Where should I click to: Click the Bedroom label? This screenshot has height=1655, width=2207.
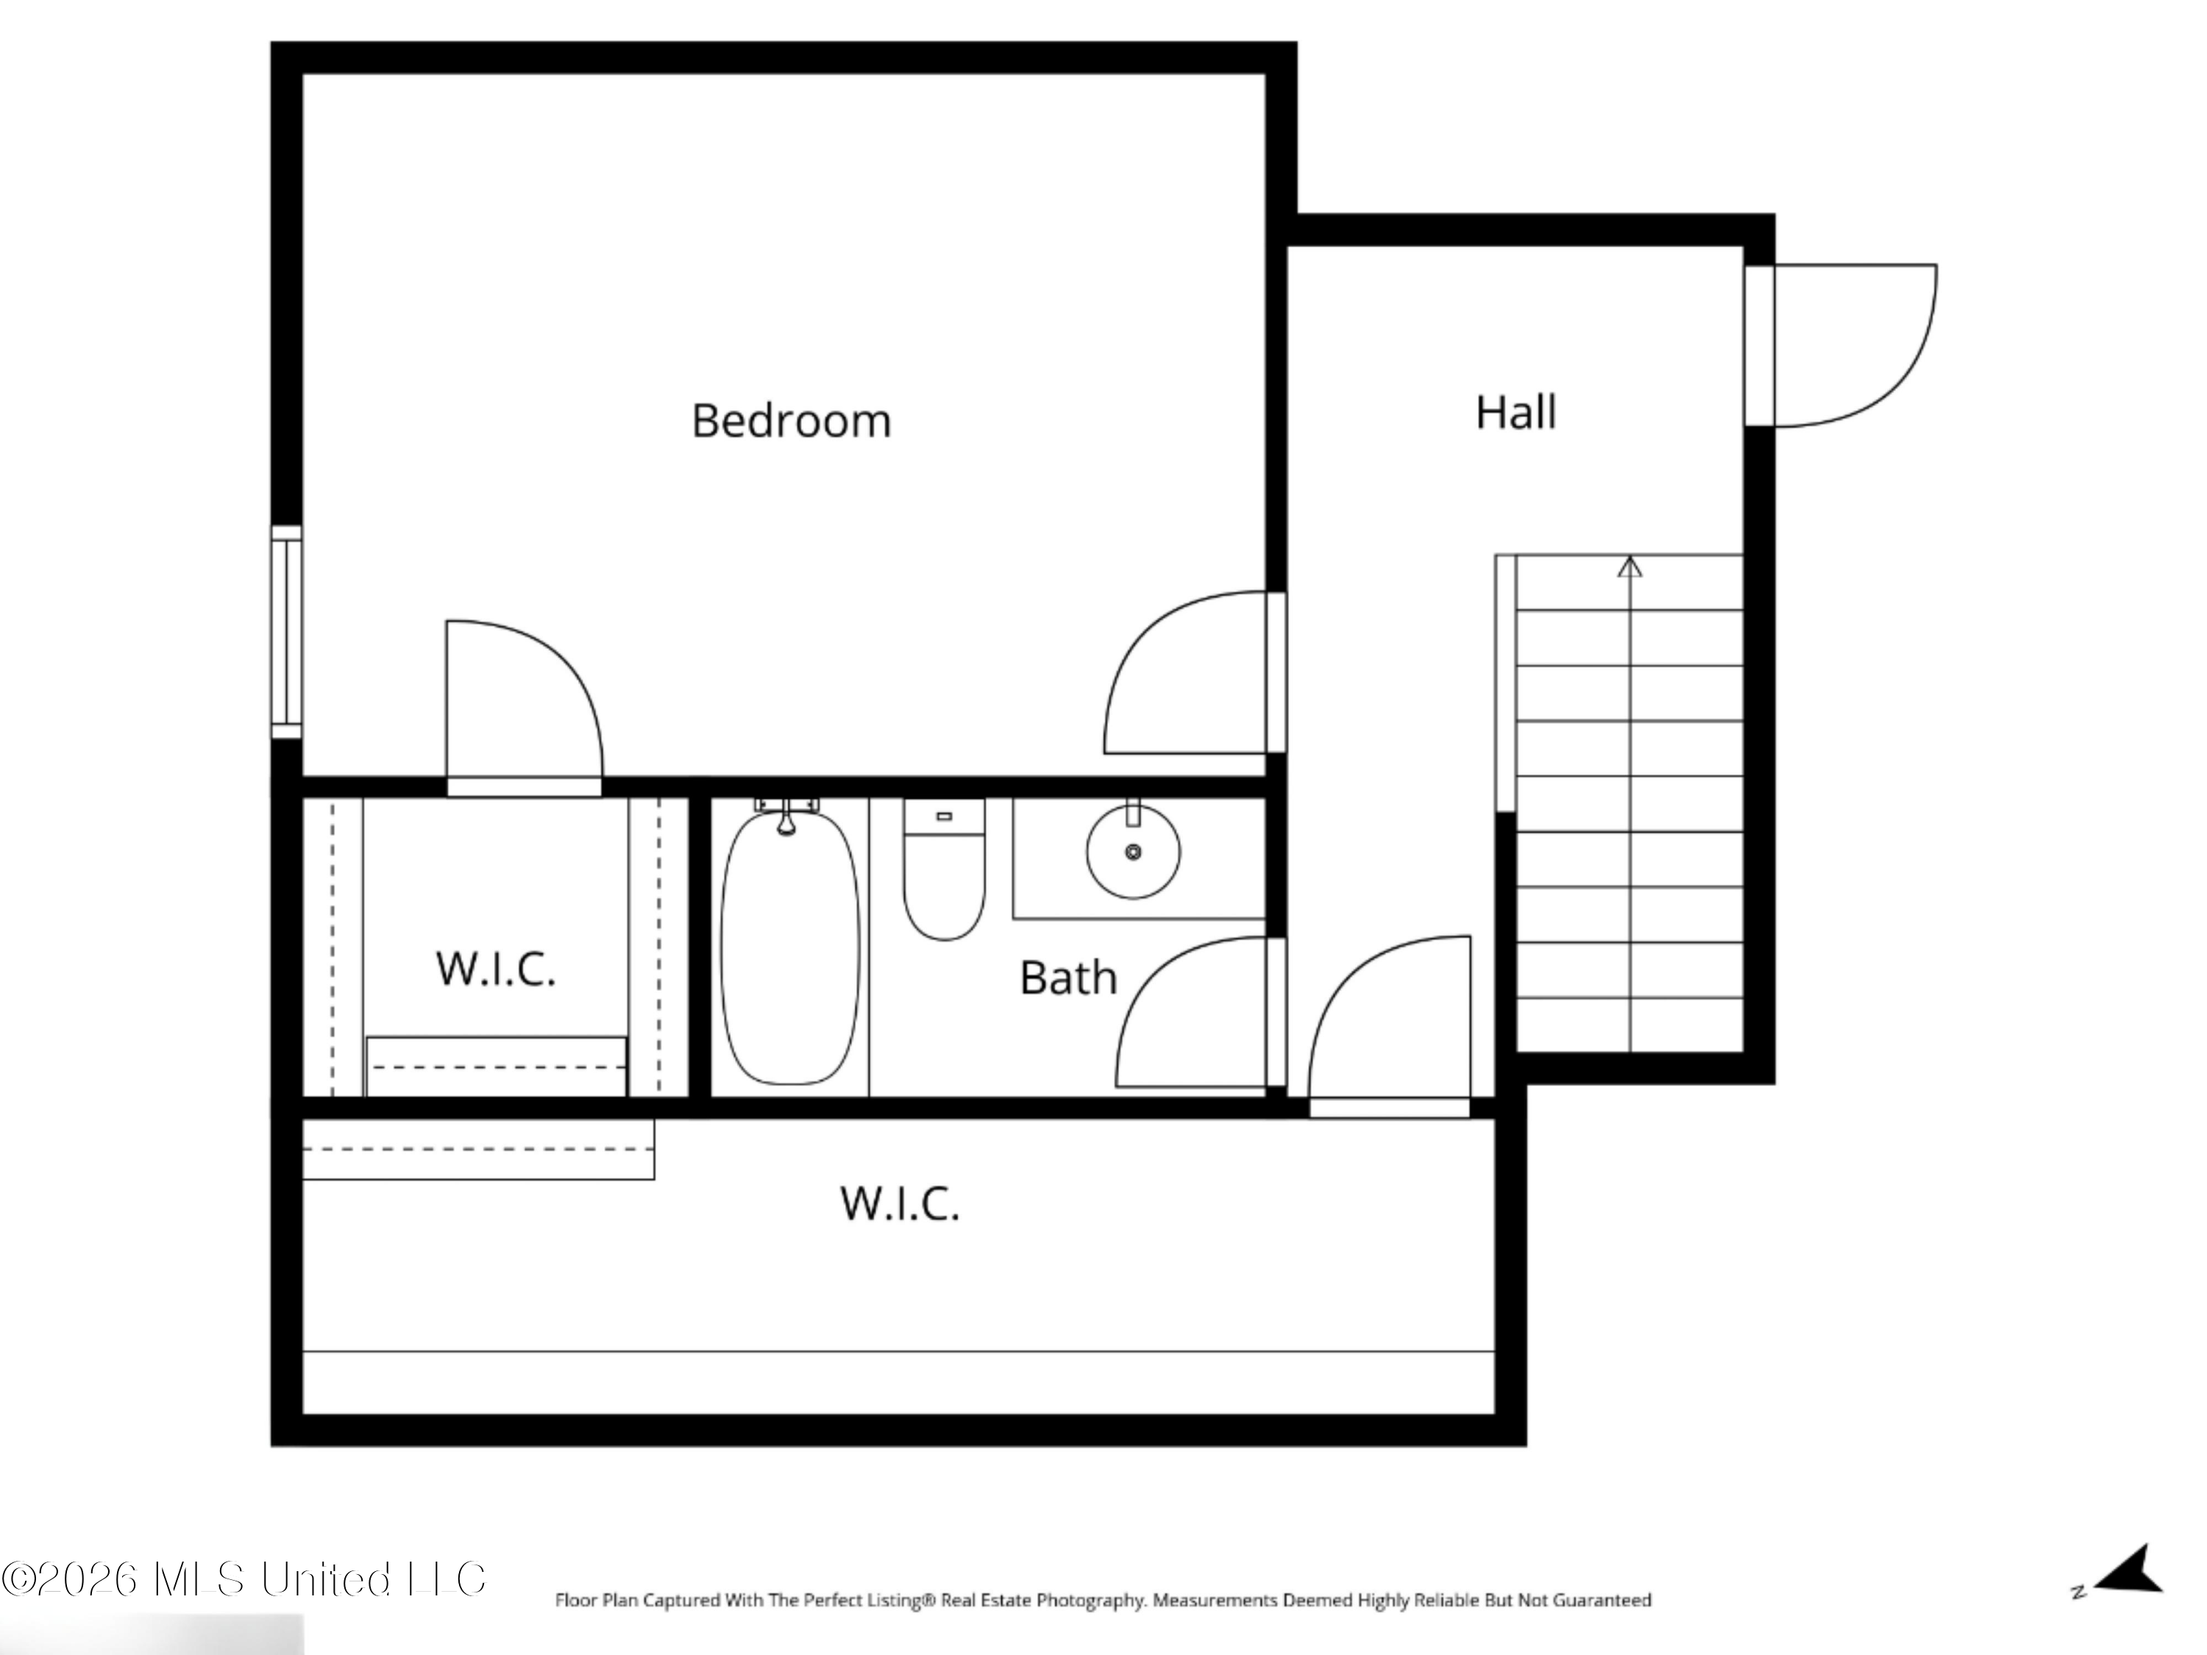791,421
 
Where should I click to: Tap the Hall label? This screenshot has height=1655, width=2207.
1515,412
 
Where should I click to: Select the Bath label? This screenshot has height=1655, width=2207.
1067,978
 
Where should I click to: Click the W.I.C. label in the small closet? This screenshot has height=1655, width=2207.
496,969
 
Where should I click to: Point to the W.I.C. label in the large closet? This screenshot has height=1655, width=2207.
900,1203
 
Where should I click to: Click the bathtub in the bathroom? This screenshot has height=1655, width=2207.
790,947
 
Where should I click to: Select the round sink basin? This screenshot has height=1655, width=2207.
1134,852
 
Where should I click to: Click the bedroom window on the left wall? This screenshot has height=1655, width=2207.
286,633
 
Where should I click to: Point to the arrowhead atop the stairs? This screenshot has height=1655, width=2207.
1630,566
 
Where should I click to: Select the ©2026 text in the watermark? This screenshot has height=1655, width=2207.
70,1579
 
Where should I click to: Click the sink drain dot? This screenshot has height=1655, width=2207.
1134,852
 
